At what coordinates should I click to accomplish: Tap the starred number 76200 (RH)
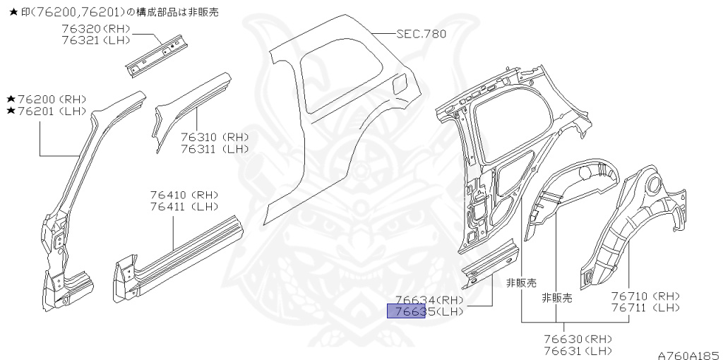click(x=47, y=100)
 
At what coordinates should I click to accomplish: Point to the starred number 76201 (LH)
click(x=47, y=112)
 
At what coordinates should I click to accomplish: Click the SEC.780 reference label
click(x=421, y=34)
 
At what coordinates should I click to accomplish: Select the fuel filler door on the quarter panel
click(x=398, y=84)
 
